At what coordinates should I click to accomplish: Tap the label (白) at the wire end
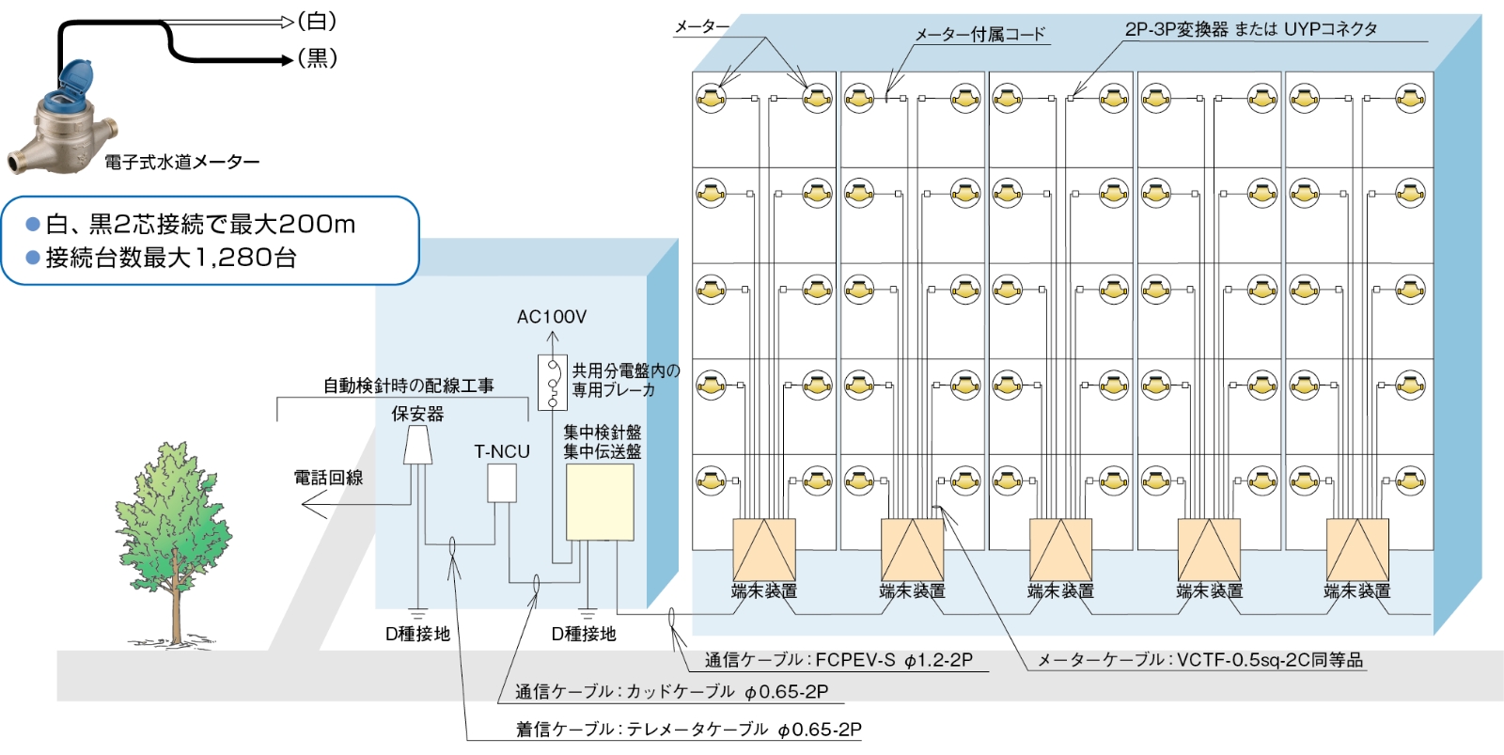pyautogui.click(x=317, y=21)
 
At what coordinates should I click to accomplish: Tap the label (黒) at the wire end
pyautogui.click(x=317, y=58)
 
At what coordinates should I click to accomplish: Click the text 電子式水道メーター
pyautogui.click(x=181, y=163)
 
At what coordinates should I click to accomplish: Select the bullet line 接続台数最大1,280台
pyautogui.click(x=171, y=258)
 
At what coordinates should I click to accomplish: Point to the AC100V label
pyautogui.click(x=551, y=317)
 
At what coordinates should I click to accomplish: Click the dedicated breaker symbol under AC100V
pyautogui.click(x=553, y=382)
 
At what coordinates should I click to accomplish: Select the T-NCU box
pyautogui.click(x=501, y=483)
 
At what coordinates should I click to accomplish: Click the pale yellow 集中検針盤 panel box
pyautogui.click(x=599, y=502)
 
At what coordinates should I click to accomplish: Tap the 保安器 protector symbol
pyautogui.click(x=417, y=445)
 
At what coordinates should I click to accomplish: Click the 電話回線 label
pyautogui.click(x=328, y=478)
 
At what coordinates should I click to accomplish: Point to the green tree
pyautogui.click(x=173, y=527)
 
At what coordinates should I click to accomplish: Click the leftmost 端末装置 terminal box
pyautogui.click(x=763, y=549)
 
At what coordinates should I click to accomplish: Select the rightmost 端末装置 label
pyautogui.click(x=1356, y=591)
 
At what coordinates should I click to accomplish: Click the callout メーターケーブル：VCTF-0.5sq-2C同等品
pyautogui.click(x=1199, y=660)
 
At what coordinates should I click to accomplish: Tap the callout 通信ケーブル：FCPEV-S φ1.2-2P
pyautogui.click(x=838, y=660)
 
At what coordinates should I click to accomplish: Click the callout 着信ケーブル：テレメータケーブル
pyautogui.click(x=688, y=730)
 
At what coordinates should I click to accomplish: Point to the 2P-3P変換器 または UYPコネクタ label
pyautogui.click(x=1250, y=29)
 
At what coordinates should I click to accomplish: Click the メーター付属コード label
pyautogui.click(x=979, y=35)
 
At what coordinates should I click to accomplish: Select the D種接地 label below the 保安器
pyautogui.click(x=417, y=635)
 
